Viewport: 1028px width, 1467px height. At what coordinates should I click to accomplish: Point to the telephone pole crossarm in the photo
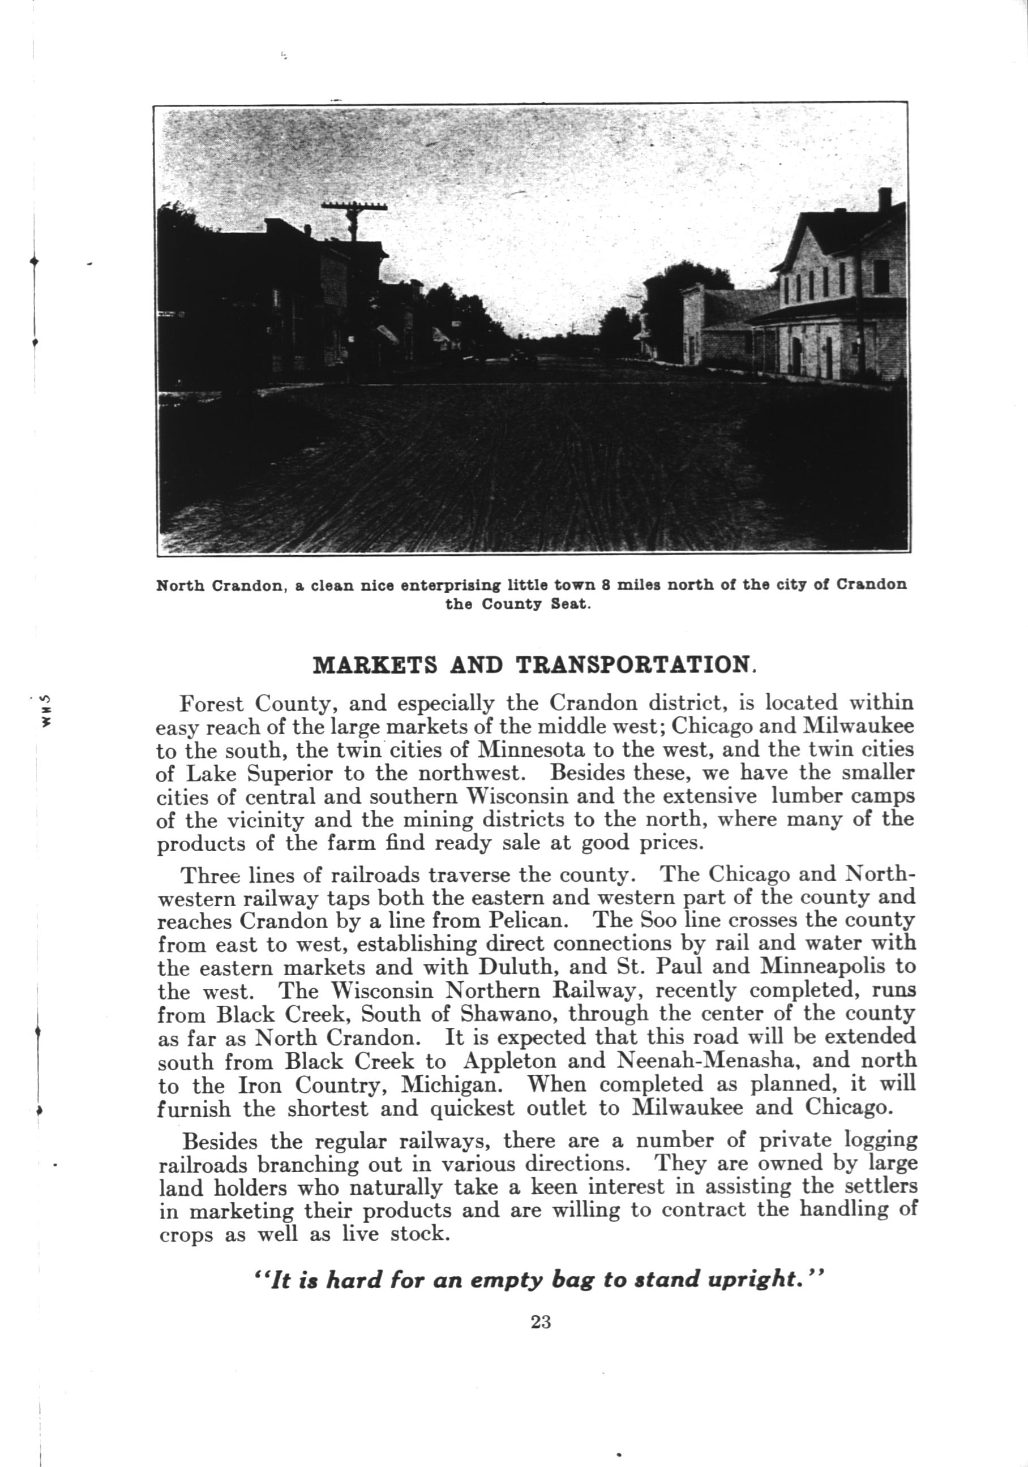[354, 207]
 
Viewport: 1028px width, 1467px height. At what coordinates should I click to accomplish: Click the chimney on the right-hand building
[884, 199]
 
